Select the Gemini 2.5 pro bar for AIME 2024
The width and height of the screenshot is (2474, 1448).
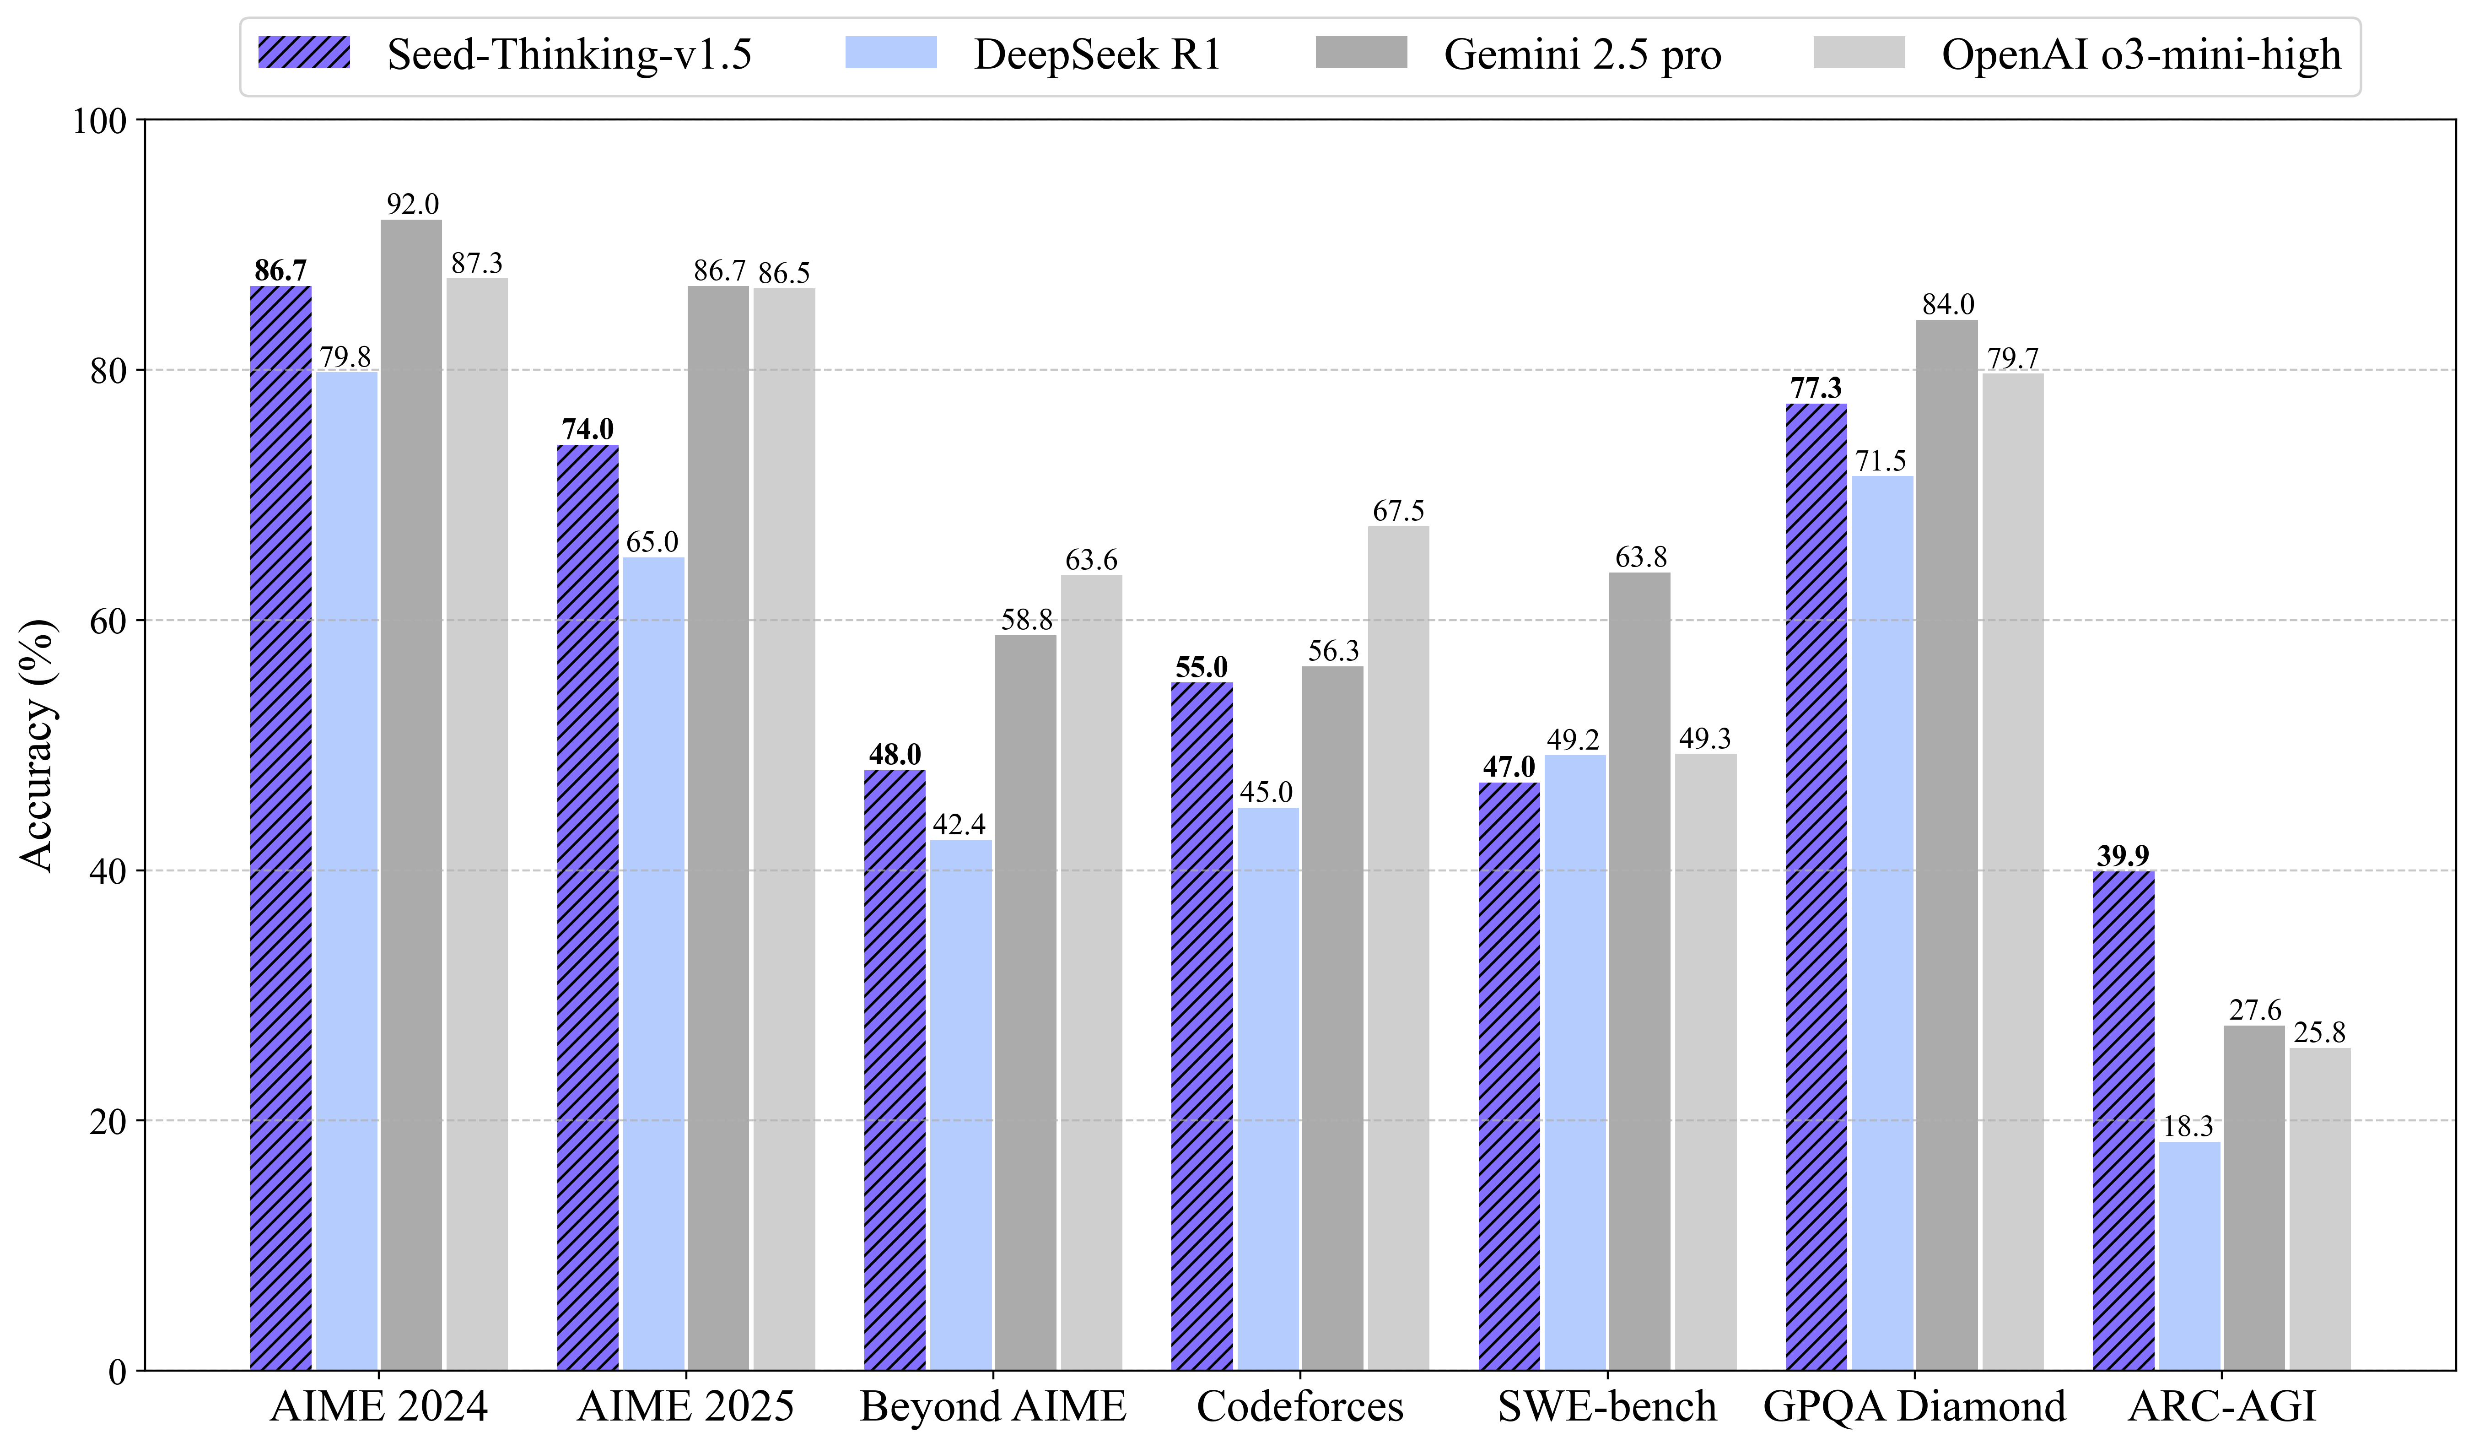[x=411, y=795]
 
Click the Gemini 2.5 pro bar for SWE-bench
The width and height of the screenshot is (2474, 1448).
[x=1639, y=972]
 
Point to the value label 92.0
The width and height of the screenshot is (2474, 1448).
[x=412, y=204]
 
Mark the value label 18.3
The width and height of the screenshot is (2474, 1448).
[x=2188, y=1126]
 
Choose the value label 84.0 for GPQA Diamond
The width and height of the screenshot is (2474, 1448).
[x=1948, y=304]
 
